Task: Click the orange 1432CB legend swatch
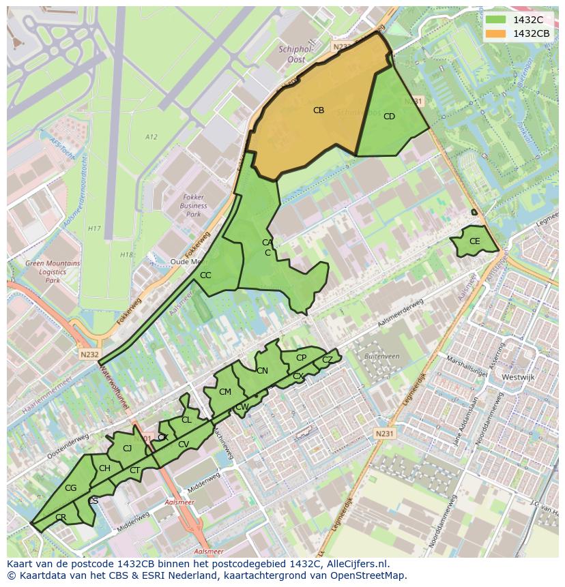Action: pos(495,33)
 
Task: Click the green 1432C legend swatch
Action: pos(495,20)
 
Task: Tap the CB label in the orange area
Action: pos(319,110)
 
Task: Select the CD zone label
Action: pos(389,117)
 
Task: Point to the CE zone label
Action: pos(474,241)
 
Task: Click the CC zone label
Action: pos(205,275)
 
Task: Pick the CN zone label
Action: pos(262,371)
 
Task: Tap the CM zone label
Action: pos(225,391)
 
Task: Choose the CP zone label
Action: pos(301,357)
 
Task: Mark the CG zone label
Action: pos(70,487)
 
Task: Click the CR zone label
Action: pos(61,517)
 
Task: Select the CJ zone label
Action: pos(127,448)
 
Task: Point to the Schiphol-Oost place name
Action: pos(297,54)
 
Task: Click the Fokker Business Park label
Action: pos(194,205)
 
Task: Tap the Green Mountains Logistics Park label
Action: pos(53,271)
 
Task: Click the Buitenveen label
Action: pos(381,356)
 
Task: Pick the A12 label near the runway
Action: pos(151,137)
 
